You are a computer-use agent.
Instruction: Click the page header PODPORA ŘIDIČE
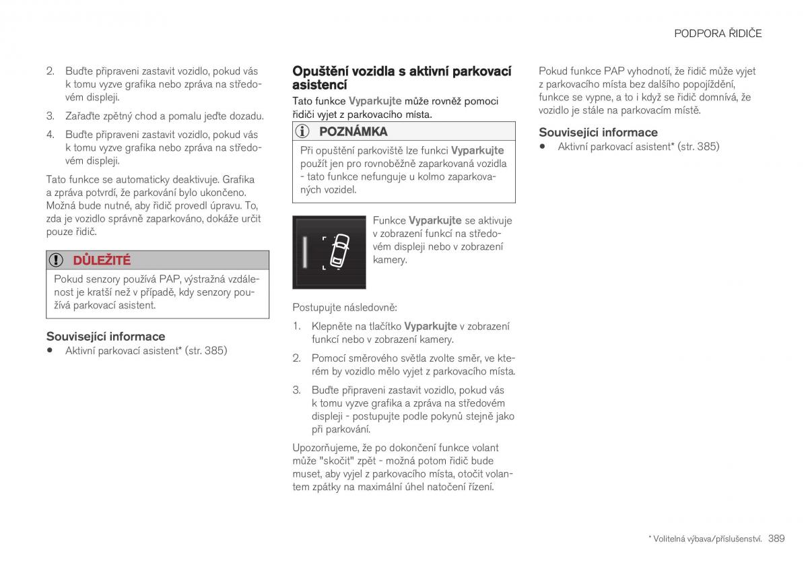[718, 33]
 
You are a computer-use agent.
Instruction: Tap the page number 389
[776, 538]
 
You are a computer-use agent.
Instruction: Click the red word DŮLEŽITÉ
[102, 261]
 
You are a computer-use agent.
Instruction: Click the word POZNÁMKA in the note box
[353, 131]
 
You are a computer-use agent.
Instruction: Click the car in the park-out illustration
[339, 251]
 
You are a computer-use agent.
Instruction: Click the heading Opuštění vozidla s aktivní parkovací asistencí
[401, 77]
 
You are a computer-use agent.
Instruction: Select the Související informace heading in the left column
[105, 336]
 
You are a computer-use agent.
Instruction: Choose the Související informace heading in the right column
[598, 132]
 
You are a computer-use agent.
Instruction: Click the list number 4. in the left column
[50, 135]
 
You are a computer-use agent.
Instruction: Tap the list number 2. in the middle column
[296, 358]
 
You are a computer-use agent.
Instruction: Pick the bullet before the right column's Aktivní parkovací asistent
[543, 146]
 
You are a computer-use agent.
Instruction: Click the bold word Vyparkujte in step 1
[430, 326]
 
